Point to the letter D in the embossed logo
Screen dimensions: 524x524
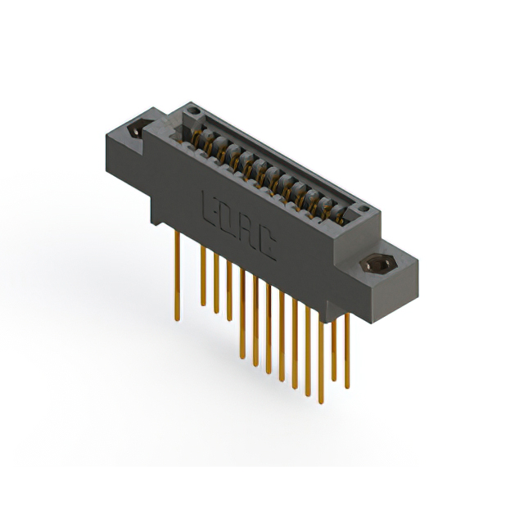[x=226, y=218]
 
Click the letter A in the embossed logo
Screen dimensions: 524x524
[x=246, y=231]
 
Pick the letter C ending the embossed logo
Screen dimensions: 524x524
[x=265, y=245]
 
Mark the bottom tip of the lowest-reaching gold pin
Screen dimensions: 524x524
[x=320, y=402]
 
